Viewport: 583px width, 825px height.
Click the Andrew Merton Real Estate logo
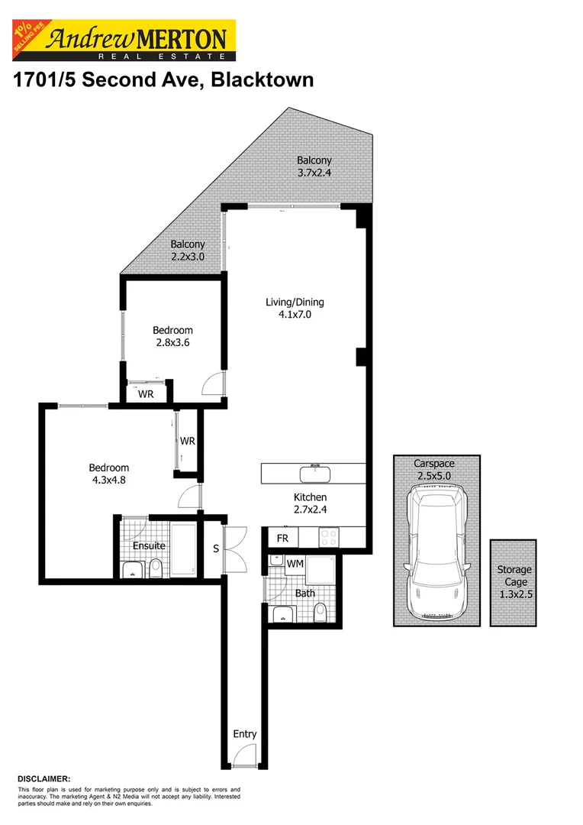coord(122,40)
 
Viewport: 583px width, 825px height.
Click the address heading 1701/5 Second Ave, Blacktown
coord(163,79)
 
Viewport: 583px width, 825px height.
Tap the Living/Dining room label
coord(289,308)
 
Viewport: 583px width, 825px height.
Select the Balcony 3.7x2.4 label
coord(314,167)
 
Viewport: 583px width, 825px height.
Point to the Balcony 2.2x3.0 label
coord(188,251)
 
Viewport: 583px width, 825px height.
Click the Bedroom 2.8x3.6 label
coord(172,337)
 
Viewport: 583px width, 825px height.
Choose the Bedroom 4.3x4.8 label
coord(108,474)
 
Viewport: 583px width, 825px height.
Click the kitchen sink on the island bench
coord(314,474)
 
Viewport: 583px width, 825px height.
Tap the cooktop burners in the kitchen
coord(330,538)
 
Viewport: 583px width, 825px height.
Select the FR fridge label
coord(282,539)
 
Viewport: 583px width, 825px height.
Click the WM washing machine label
coord(295,564)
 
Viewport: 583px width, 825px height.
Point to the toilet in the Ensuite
coord(156,567)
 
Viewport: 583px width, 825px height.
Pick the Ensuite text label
coord(149,546)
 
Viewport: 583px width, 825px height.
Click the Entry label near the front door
coord(245,734)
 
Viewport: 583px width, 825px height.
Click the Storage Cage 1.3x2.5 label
coord(514,581)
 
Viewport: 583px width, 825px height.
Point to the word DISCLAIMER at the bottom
coord(43,778)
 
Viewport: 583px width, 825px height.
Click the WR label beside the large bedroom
coord(188,441)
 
